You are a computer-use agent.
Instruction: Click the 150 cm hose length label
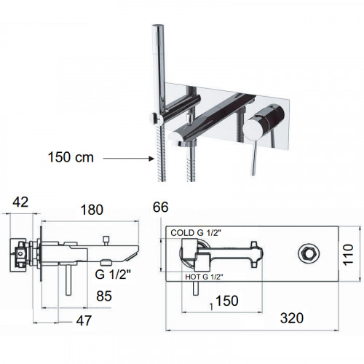(71, 157)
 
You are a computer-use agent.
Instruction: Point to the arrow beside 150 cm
(129, 159)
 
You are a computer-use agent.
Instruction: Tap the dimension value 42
(20, 202)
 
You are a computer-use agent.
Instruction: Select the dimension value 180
(92, 210)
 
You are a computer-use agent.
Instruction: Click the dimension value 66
(161, 207)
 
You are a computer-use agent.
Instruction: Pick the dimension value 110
(348, 255)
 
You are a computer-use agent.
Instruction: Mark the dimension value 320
(292, 318)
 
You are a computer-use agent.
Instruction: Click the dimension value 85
(104, 296)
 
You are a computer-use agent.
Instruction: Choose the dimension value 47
(84, 320)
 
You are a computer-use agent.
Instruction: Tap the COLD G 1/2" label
(196, 233)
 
